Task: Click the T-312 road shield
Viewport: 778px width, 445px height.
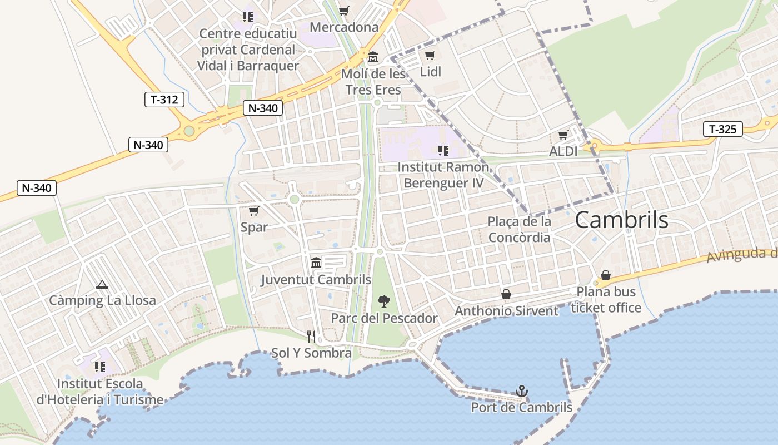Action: [164, 100]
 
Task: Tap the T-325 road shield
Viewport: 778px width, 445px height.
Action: [722, 129]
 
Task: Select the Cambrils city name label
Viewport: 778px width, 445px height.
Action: [621, 220]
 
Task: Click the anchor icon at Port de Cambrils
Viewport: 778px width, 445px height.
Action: [521, 391]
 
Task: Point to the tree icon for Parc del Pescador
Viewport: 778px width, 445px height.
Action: [383, 301]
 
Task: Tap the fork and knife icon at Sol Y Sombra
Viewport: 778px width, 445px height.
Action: [311, 337]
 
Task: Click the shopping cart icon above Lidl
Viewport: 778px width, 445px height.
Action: [430, 55]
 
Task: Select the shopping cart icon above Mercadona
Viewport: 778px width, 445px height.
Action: [344, 11]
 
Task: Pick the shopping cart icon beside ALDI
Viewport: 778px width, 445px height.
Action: [563, 135]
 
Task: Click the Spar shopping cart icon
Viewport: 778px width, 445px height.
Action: [254, 211]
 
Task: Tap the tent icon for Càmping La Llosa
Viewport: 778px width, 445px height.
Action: [102, 284]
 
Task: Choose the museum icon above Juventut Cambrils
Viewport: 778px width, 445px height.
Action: [316, 263]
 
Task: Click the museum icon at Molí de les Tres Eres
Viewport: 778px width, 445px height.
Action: [372, 57]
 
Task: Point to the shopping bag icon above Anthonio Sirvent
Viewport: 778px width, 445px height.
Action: [506, 294]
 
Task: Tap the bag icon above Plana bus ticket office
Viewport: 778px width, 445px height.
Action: [605, 275]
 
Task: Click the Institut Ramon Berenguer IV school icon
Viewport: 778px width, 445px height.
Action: [443, 150]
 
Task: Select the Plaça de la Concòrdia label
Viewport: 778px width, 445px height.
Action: [519, 229]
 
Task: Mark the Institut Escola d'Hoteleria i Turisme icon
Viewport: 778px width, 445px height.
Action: [100, 367]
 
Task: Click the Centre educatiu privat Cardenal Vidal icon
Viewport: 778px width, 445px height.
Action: [248, 17]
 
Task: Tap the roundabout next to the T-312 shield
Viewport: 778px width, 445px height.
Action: [189, 131]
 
